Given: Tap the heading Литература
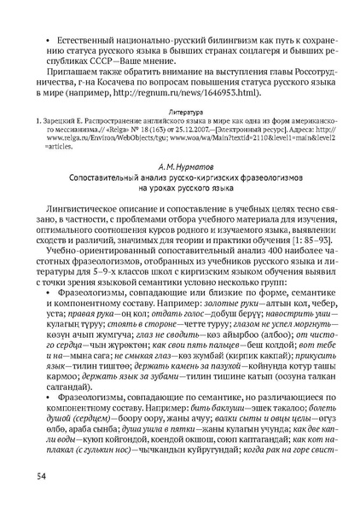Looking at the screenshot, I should (179, 111).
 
